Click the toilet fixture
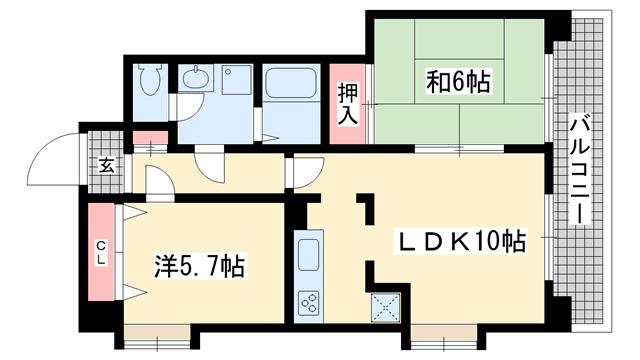click(x=149, y=79)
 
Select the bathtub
click(x=291, y=82)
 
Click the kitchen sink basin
click(x=308, y=255)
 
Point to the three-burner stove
click(x=308, y=303)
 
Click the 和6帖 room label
click(x=458, y=82)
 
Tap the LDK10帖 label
click(x=459, y=241)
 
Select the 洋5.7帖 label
click(x=199, y=266)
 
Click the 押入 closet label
click(x=347, y=103)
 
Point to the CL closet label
click(x=101, y=252)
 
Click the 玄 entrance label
click(x=106, y=166)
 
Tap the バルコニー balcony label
click(x=579, y=170)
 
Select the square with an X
click(x=385, y=307)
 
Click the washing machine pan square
click(x=237, y=80)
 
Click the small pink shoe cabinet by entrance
click(x=151, y=137)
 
